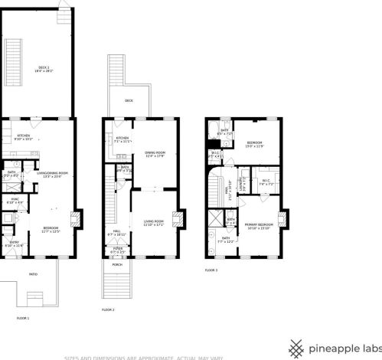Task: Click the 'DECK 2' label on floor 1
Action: click(43, 68)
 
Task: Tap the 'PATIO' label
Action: click(33, 273)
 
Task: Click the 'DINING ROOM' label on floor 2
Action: click(155, 153)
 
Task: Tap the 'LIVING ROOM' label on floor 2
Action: click(154, 222)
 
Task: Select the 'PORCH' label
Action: click(118, 265)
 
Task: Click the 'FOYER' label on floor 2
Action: click(118, 248)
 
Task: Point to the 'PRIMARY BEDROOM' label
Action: click(258, 225)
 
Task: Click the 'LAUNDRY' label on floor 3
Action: click(241, 184)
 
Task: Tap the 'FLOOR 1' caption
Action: click(22, 317)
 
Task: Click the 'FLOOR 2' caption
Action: click(108, 309)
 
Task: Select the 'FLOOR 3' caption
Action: click(211, 270)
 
